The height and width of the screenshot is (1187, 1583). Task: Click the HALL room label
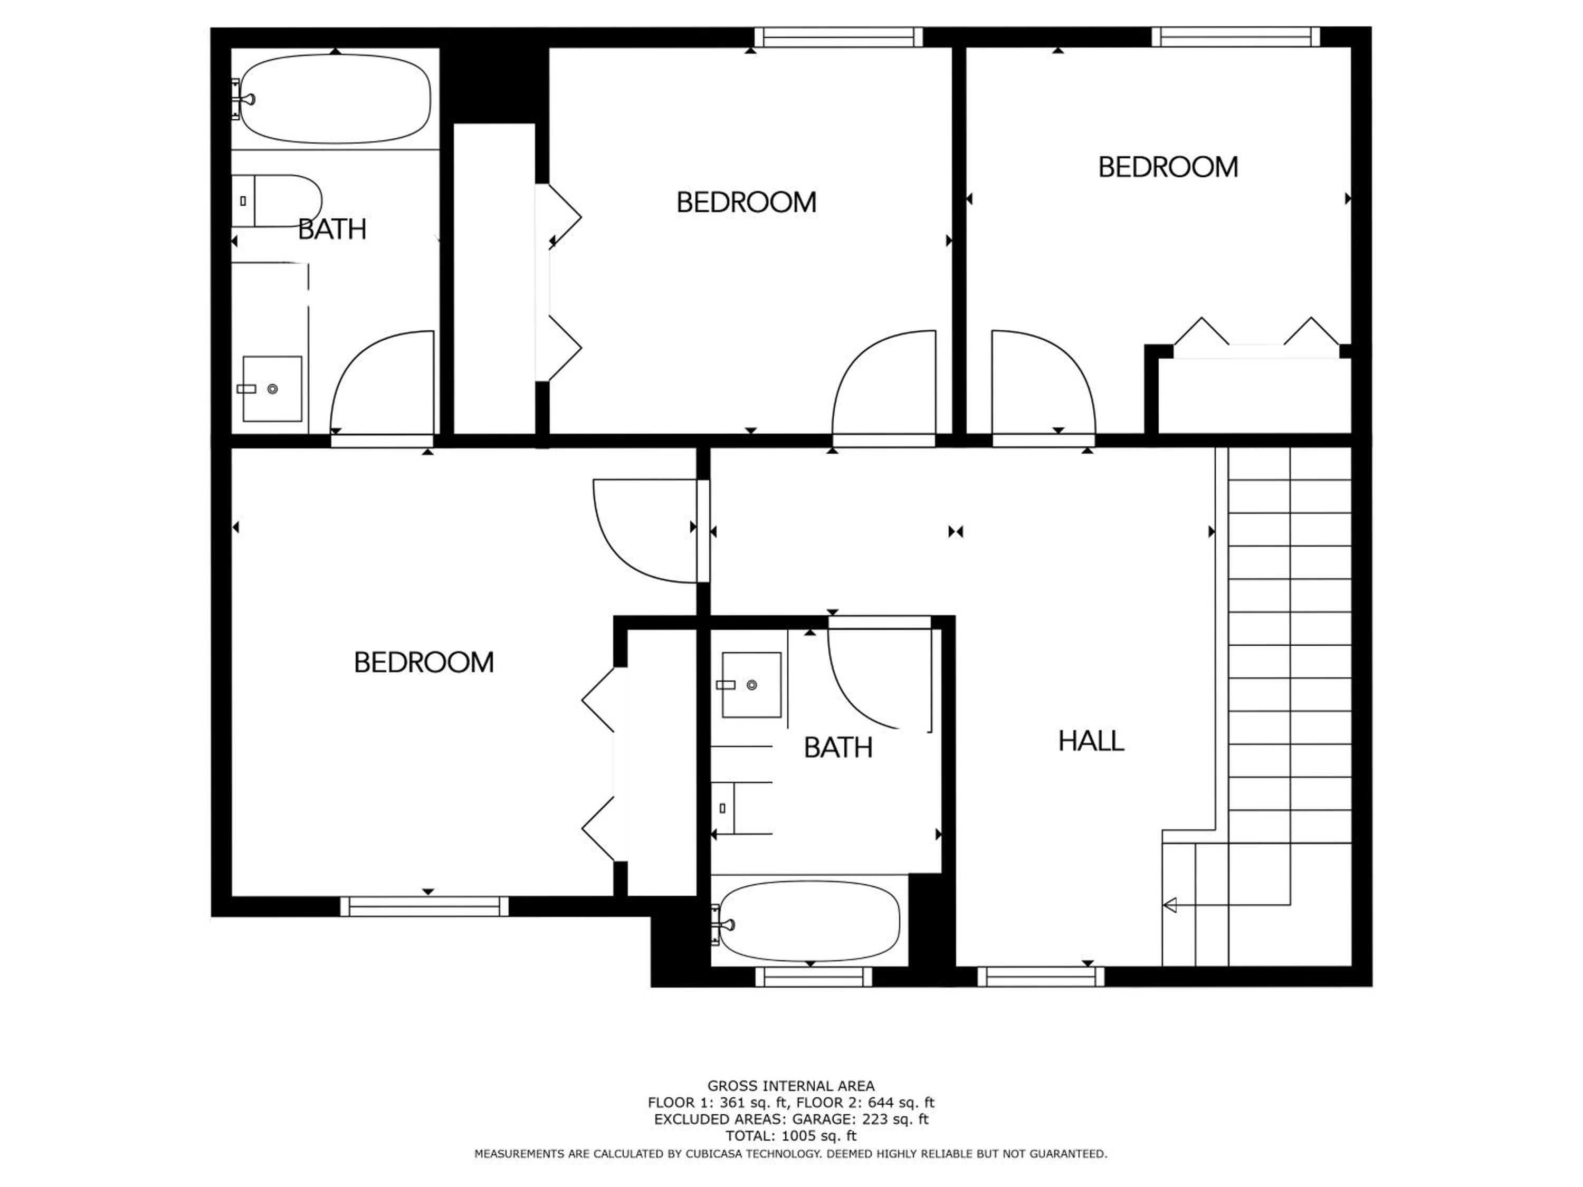(x=1091, y=741)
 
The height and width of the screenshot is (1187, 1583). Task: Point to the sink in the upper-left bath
(x=272, y=388)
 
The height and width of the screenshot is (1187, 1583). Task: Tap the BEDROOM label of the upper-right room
(x=1168, y=167)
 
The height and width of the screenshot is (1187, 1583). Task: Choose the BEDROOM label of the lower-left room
(x=424, y=663)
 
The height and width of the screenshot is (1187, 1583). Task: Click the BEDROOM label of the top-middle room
(x=747, y=203)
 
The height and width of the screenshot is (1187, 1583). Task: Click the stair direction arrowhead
(x=1170, y=906)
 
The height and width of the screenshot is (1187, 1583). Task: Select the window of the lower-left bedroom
(x=424, y=906)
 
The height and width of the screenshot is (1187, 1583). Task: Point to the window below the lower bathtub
(x=814, y=977)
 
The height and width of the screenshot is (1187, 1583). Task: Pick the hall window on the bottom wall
(x=1041, y=977)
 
